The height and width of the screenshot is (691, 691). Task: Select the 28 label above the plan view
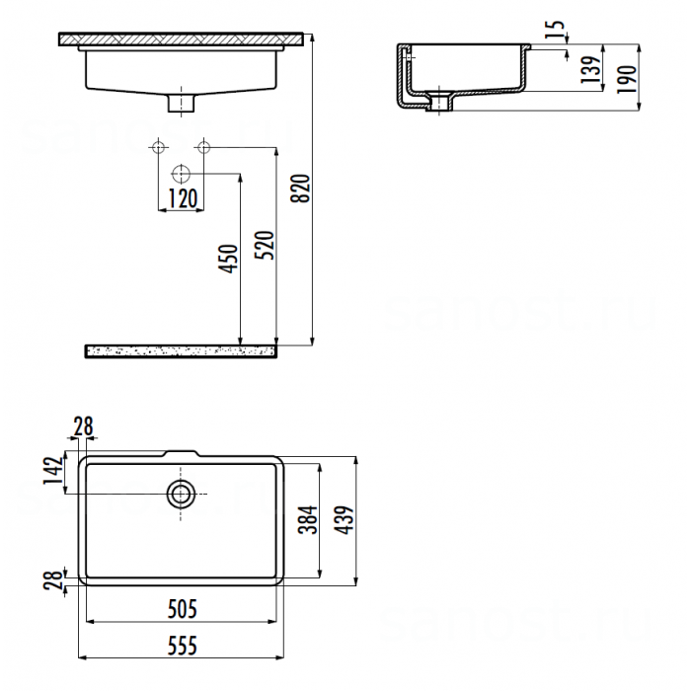(x=83, y=426)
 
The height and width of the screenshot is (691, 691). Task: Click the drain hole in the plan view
(x=181, y=493)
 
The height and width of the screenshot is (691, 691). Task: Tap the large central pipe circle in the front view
(x=181, y=174)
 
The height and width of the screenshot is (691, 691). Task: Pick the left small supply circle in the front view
(x=157, y=148)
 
